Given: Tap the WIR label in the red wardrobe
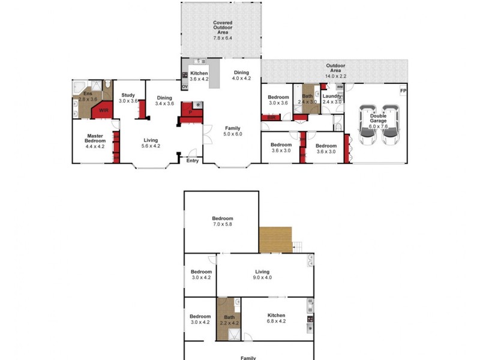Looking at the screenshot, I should click(x=103, y=110).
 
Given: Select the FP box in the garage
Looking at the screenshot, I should click(x=403, y=91).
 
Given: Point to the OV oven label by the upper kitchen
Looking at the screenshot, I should click(x=185, y=86).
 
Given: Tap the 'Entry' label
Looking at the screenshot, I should click(x=193, y=160).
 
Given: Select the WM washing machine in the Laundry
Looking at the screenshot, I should click(x=339, y=88).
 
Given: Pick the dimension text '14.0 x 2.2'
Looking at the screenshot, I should click(x=335, y=71).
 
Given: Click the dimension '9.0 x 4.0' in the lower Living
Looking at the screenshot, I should click(x=262, y=277).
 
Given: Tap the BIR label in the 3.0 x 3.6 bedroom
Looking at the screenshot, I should click(x=271, y=118).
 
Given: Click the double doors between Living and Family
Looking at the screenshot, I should click(x=205, y=131).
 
